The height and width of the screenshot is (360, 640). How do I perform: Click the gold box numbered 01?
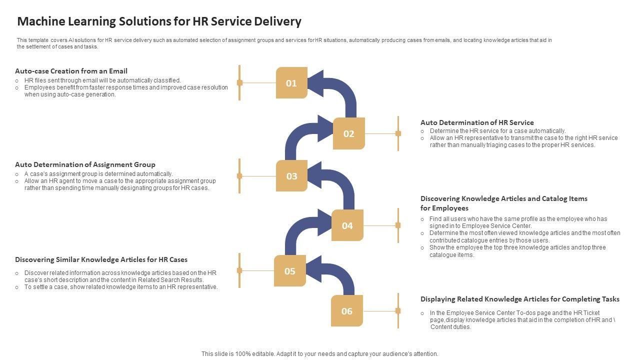pos(291,83)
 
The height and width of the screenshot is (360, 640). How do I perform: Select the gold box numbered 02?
pos(348,133)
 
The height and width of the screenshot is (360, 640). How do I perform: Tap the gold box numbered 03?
pos(291,176)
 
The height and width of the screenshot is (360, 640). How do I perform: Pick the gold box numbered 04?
pos(347,225)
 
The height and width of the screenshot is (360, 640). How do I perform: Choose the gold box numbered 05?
pos(290,271)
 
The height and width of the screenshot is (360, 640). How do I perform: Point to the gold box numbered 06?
pos(347,311)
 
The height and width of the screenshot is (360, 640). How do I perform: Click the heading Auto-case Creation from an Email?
pos(71,71)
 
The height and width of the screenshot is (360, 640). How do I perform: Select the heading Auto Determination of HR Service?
pos(477,122)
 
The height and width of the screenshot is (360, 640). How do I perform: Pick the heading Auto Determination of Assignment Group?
pos(85,164)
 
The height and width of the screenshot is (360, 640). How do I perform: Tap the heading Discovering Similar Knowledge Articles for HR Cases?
pos(101,259)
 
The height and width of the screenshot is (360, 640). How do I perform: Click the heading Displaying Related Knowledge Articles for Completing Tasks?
pos(520,299)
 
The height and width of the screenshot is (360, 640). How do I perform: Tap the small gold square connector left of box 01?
pos(239,82)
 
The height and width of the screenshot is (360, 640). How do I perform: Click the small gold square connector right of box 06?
pos(398,311)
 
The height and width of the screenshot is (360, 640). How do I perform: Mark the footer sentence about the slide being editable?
pos(320,353)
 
